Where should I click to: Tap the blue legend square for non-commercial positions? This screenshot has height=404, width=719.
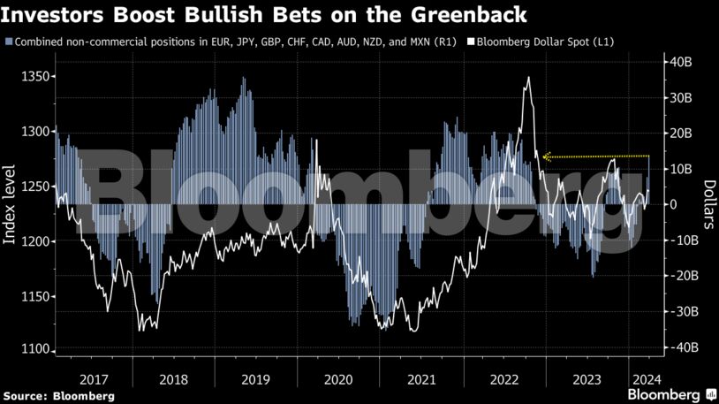[x=9, y=42]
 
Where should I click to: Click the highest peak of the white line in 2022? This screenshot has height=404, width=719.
[x=528, y=78]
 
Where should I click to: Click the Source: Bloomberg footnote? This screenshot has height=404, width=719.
[x=57, y=395]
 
